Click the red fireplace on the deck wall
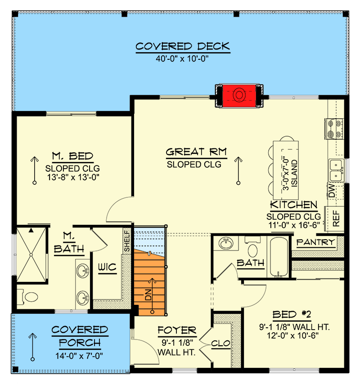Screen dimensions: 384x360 click(238, 95)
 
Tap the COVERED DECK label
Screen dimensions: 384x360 click(183, 46)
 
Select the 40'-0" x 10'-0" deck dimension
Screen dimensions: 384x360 click(183, 58)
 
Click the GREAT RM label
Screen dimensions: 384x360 click(196, 152)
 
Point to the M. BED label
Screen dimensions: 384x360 click(72, 156)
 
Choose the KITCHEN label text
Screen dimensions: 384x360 click(293, 205)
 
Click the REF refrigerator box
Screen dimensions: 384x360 click(336, 218)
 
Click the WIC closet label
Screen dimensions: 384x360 click(108, 268)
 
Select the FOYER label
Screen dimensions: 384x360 click(177, 331)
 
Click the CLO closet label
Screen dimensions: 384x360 click(220, 344)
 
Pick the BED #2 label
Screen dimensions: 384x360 click(291, 314)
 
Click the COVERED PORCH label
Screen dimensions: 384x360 click(79, 336)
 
